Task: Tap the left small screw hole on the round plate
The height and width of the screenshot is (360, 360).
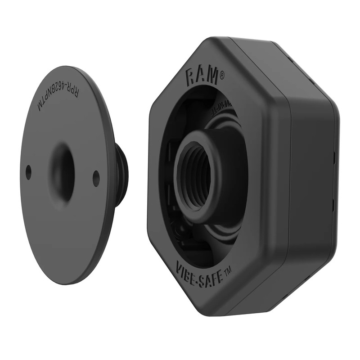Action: click(29, 171)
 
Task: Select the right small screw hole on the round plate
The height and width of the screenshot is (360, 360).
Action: click(96, 178)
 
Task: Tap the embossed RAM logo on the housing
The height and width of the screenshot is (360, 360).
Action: click(202, 75)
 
